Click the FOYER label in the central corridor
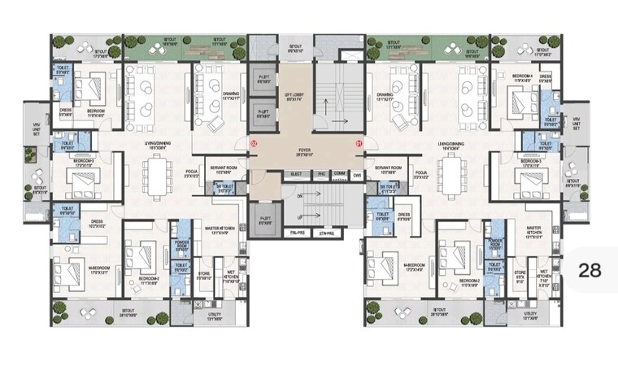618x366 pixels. tap(304, 149)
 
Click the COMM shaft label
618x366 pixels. tap(339, 175)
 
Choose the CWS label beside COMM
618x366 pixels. tap(356, 175)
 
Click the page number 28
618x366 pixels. tap(590, 270)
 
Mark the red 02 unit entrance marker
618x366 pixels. tap(254, 144)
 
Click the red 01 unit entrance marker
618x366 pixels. tap(358, 144)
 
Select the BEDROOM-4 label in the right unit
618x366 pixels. tap(522, 80)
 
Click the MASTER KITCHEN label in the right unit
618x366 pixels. tap(533, 232)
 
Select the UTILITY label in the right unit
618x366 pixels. tap(530, 316)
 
